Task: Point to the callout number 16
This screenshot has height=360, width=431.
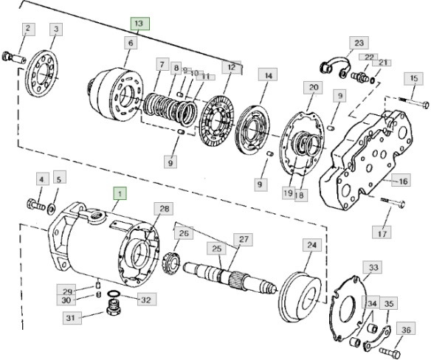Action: (x=403, y=181)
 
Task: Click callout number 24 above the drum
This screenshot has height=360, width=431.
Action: (x=312, y=244)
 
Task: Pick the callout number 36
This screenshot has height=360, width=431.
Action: (x=405, y=328)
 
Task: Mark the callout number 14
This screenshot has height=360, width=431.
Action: (x=268, y=75)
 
